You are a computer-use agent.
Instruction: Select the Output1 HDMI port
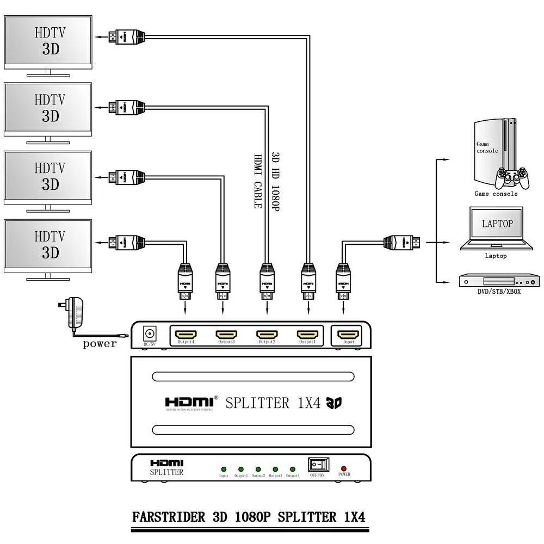(308, 333)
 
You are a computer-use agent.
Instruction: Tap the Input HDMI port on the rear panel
(349, 333)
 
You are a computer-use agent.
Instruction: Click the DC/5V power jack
(149, 333)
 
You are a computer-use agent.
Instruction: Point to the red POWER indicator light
(343, 468)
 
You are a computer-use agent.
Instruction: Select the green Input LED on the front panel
(223, 469)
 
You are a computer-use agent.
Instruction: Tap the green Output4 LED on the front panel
(292, 469)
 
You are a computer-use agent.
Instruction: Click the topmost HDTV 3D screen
(48, 41)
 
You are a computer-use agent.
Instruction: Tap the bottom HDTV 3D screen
(48, 244)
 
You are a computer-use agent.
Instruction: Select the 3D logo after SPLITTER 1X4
(333, 403)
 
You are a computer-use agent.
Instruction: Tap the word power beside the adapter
(100, 344)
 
